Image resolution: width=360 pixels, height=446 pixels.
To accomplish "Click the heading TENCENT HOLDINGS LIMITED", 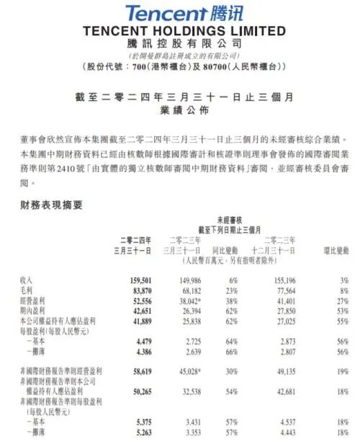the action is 184,31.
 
